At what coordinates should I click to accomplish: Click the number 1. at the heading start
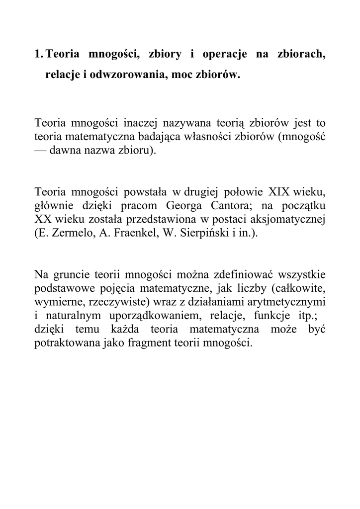point(39,54)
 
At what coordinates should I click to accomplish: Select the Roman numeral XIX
point(281,191)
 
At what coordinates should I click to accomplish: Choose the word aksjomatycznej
point(289,220)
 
